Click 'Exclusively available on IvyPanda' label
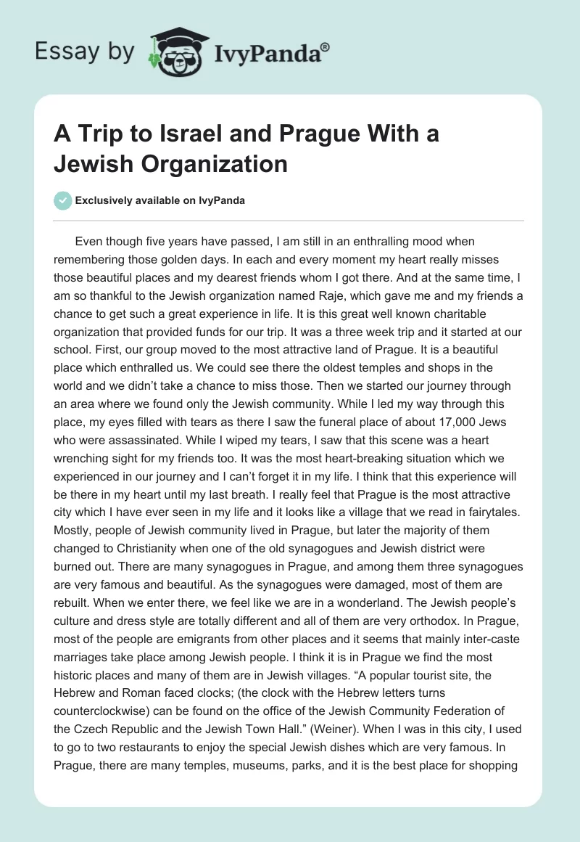pyautogui.click(x=159, y=200)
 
